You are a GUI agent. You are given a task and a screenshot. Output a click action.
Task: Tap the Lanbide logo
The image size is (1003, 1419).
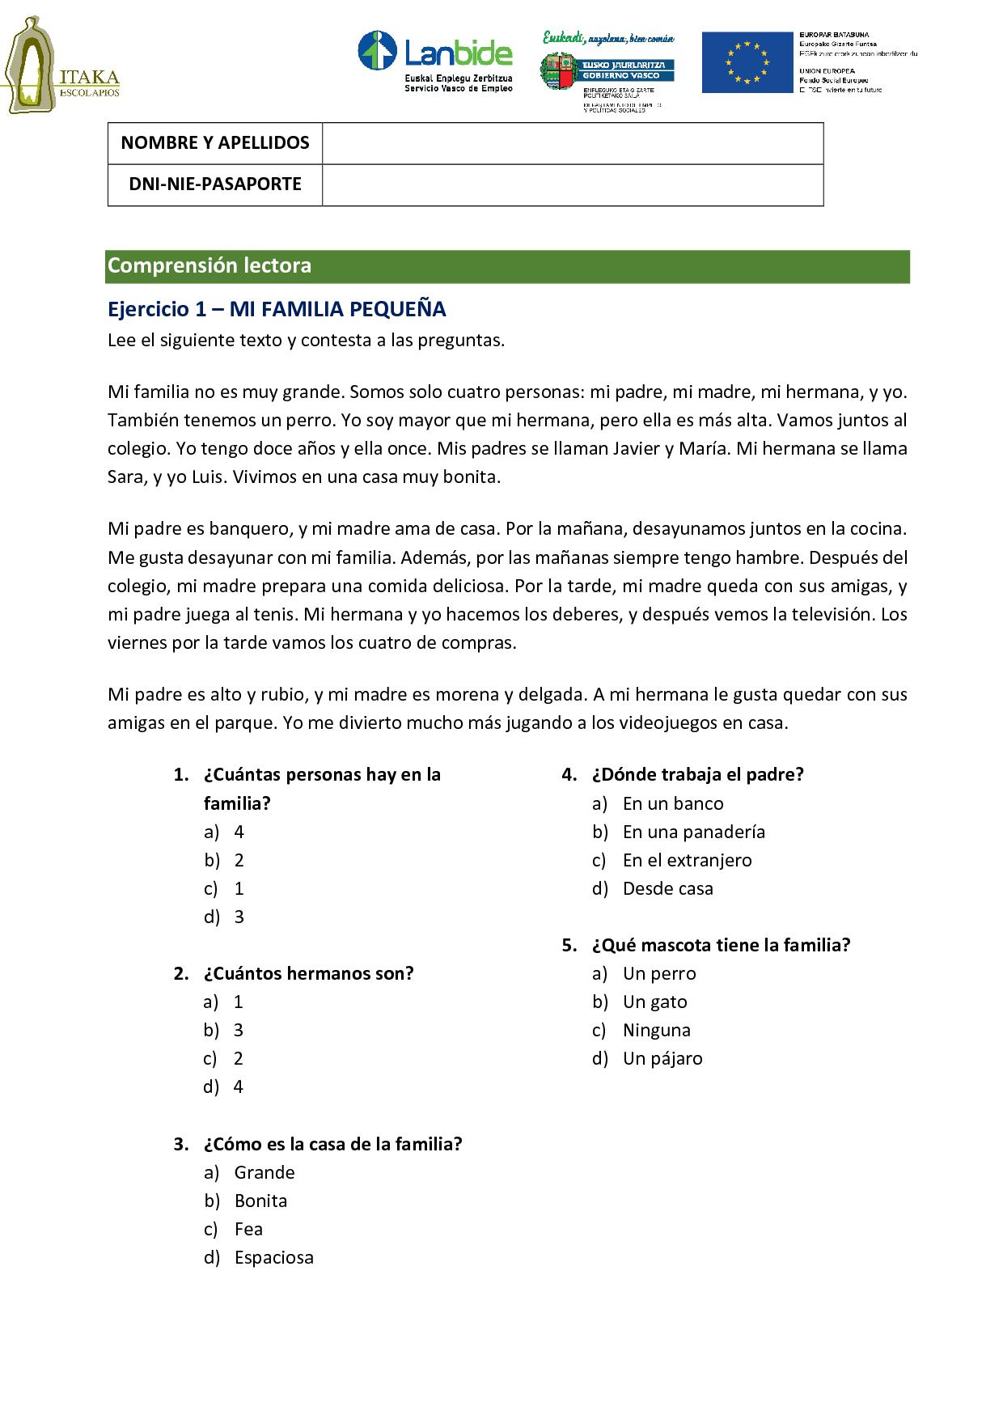tap(435, 61)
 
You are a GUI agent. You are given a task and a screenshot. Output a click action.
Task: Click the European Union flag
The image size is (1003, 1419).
tap(747, 62)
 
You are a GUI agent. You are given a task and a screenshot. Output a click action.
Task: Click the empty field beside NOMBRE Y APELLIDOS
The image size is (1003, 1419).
tap(572, 143)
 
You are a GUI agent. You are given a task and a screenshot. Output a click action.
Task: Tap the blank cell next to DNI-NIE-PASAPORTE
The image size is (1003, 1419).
tap(572, 184)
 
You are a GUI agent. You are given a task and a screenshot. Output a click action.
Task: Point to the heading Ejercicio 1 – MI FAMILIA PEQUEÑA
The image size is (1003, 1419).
tap(277, 309)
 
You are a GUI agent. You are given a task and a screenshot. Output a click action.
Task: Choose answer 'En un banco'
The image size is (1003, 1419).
tap(672, 803)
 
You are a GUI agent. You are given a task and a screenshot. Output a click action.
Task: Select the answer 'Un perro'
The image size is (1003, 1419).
tap(658, 973)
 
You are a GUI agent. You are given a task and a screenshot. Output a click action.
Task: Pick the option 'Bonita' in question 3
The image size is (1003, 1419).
tap(260, 1201)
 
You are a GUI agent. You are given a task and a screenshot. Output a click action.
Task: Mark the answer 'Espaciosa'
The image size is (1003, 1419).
tap(273, 1257)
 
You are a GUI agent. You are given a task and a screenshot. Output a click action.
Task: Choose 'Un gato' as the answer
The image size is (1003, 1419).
tap(654, 1002)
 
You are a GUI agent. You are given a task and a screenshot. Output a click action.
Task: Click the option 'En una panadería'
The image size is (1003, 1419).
tap(693, 832)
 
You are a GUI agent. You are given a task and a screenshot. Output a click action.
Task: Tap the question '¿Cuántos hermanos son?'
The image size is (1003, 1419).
tap(308, 973)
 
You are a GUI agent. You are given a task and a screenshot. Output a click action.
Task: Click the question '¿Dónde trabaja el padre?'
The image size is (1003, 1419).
tap(697, 774)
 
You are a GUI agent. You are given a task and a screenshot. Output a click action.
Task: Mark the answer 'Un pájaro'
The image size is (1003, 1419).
tap(662, 1058)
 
